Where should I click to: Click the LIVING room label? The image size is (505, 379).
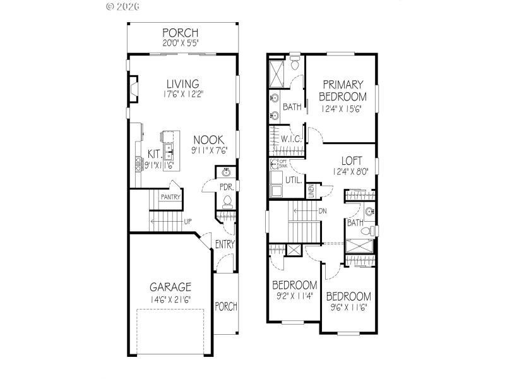coord(183,84)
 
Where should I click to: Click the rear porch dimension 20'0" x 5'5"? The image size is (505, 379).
coord(181,44)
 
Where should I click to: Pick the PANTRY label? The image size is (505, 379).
coord(170,197)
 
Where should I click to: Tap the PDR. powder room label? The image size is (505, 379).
coord(227,188)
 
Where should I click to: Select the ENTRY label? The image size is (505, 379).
coord(225,244)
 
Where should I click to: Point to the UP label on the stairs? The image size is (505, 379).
coord(187,222)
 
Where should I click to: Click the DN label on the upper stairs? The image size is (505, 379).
coord(323,211)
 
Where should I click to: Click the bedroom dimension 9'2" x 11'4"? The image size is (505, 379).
coord(295,296)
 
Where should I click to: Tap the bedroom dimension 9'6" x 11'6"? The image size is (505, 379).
coord(348,308)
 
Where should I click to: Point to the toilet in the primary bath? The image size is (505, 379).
coord(295,63)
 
